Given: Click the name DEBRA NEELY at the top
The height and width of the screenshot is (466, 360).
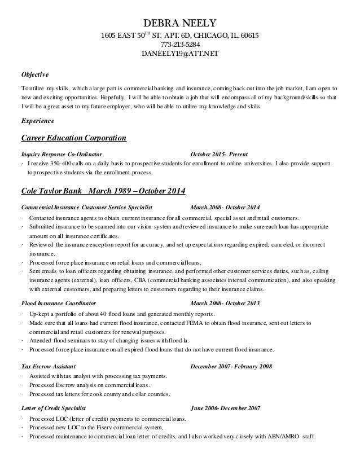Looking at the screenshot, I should tap(180, 23).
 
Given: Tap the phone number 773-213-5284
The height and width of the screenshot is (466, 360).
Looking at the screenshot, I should tap(180, 45).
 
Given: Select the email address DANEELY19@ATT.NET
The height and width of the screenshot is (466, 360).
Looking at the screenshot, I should tap(179, 54).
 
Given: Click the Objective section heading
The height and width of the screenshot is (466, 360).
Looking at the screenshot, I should tap(35, 74).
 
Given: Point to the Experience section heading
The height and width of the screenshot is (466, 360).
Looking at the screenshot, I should tap(37, 121).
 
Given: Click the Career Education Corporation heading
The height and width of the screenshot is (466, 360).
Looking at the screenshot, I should tap(73, 138).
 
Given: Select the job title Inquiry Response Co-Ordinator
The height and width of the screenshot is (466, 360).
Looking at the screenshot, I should tap(62, 154).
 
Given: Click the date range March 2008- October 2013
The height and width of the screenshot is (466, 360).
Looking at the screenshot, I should tap(225, 303).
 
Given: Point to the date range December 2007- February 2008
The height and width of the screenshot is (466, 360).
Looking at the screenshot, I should tap(231, 366).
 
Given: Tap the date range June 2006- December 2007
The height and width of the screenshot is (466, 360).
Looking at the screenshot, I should tap(225, 407).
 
